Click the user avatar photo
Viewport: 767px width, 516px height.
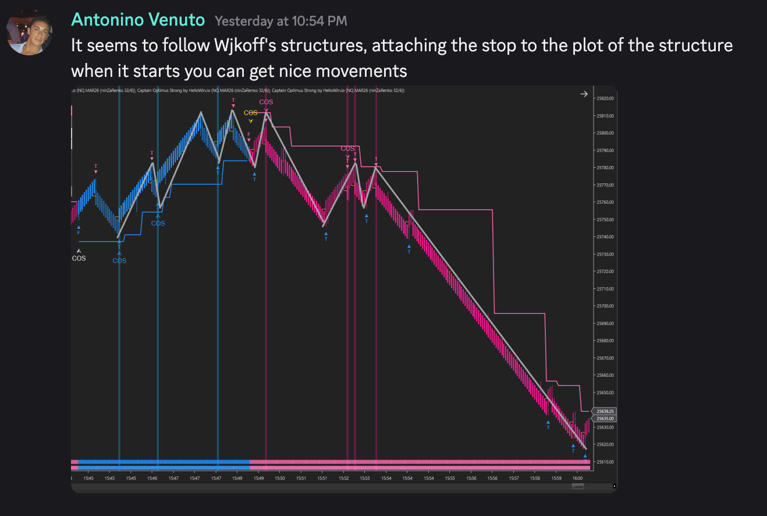[x=25, y=31]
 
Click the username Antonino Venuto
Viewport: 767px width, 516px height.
[x=138, y=20]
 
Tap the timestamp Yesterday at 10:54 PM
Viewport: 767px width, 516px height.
[x=281, y=21]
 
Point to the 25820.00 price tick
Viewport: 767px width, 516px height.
[x=606, y=98]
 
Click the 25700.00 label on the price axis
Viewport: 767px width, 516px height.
[x=606, y=306]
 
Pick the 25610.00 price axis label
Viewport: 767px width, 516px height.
[x=606, y=462]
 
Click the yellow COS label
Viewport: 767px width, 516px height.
[x=251, y=113]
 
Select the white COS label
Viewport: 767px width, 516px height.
[x=79, y=258]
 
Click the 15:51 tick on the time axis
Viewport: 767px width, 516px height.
[x=322, y=479]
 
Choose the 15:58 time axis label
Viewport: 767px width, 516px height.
[x=535, y=479]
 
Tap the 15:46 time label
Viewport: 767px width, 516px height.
[x=152, y=479]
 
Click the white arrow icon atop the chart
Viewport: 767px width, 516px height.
[x=584, y=94]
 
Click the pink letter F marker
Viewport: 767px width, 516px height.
[x=249, y=135]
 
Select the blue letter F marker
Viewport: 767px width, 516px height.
[x=79, y=232]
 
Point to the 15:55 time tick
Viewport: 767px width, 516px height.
[x=450, y=479]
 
